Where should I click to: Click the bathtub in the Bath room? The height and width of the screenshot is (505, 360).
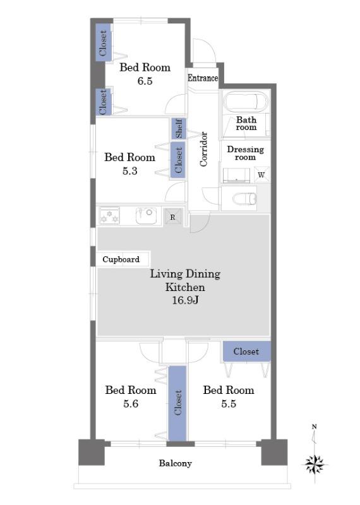click(246, 102)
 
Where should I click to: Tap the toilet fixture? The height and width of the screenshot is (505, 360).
click(244, 199)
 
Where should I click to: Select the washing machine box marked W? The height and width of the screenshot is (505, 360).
click(261, 175)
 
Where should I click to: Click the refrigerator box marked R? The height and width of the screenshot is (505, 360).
click(173, 217)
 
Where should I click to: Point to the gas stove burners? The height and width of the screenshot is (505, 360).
click(109, 215)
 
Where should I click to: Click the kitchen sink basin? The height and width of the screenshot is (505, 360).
click(146, 215)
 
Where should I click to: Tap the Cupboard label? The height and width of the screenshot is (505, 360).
click(121, 259)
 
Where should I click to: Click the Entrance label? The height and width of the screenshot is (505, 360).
click(203, 78)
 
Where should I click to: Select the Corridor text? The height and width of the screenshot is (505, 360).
click(203, 149)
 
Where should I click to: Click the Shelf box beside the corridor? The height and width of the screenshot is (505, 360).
click(179, 128)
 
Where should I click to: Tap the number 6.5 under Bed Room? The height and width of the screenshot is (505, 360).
click(145, 81)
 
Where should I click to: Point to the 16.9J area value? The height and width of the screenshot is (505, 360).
click(185, 300)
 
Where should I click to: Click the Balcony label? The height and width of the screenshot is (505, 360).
click(176, 463)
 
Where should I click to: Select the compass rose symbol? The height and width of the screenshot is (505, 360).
click(315, 465)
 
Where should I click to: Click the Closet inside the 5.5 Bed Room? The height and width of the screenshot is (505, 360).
click(246, 352)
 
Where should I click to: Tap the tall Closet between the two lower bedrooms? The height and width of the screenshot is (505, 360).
click(177, 403)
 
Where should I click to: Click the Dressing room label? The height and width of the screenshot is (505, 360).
click(245, 153)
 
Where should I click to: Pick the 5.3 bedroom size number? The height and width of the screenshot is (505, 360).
click(130, 170)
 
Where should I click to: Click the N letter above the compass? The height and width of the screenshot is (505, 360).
click(315, 427)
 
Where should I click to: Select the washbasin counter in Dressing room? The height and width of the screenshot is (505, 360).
click(236, 175)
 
